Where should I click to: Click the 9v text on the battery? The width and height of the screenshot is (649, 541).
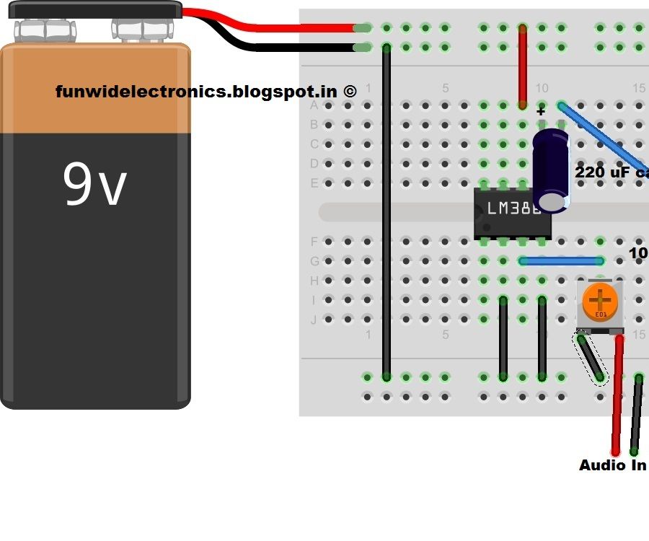[94, 185]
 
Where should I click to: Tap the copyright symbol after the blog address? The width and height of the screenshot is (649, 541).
[349, 92]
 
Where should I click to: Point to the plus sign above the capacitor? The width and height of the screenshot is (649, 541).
[541, 112]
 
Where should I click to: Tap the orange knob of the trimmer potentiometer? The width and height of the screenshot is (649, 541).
[599, 299]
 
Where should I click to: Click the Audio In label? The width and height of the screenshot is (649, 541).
[612, 465]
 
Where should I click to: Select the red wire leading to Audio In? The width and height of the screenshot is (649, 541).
[617, 397]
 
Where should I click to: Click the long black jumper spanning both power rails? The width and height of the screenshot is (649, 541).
[387, 216]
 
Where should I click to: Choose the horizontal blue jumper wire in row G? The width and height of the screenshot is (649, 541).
[561, 261]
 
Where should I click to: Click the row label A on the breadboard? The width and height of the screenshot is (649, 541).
[314, 106]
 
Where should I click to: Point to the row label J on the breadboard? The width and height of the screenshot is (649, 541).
[314, 320]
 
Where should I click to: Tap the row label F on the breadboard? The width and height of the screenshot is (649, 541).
[314, 242]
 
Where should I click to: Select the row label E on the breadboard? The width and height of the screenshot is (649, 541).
[314, 183]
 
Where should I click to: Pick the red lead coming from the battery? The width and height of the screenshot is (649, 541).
[274, 27]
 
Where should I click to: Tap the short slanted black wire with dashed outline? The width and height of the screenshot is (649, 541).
[590, 358]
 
